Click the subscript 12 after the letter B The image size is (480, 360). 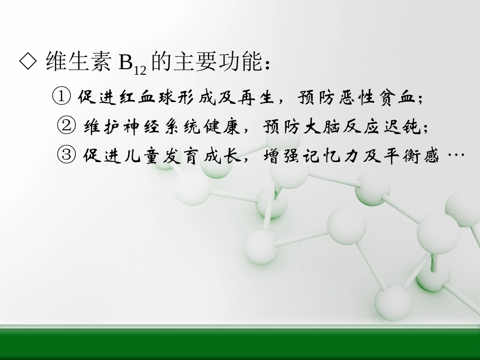140,71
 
